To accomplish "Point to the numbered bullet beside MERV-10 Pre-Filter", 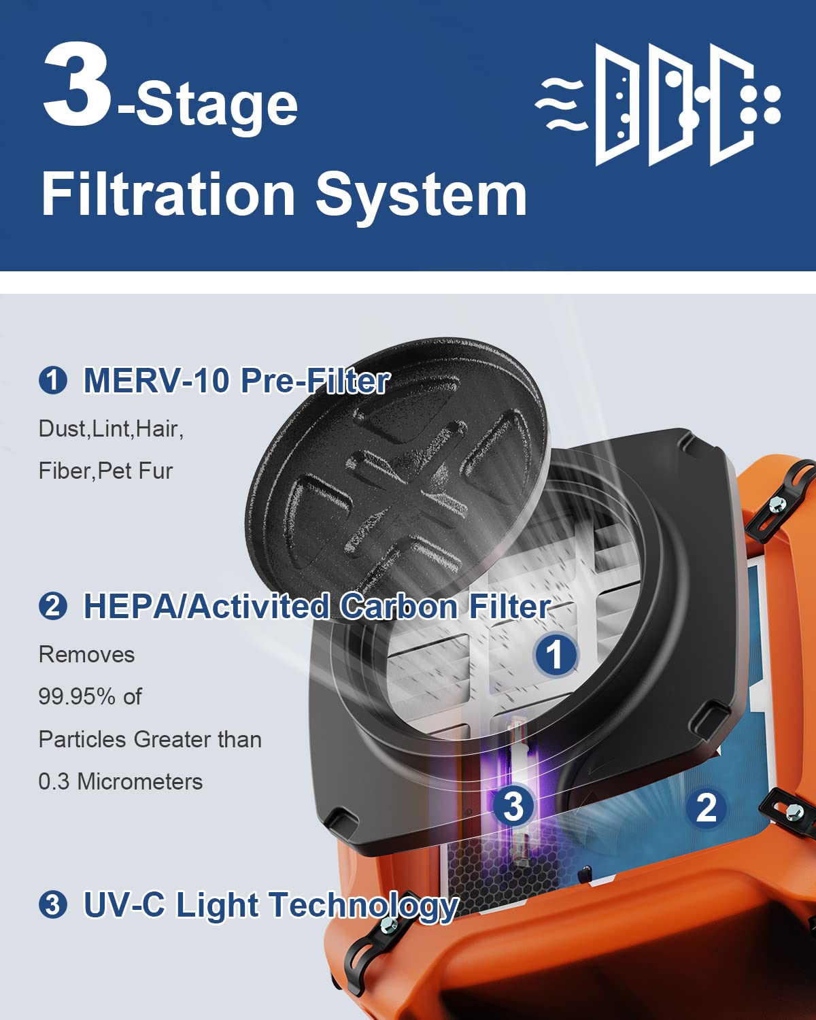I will pos(53,380).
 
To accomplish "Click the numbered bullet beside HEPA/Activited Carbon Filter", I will pos(53,606).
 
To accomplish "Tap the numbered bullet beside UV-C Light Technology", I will pos(53,905).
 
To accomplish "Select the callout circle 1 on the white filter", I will pos(556,654).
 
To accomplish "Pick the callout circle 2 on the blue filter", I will pos(707,808).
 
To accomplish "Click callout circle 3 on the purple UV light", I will pos(513,805).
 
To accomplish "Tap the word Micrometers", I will pos(140,781).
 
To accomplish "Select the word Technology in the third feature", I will pos(364,905).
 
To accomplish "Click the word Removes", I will pos(86,654).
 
